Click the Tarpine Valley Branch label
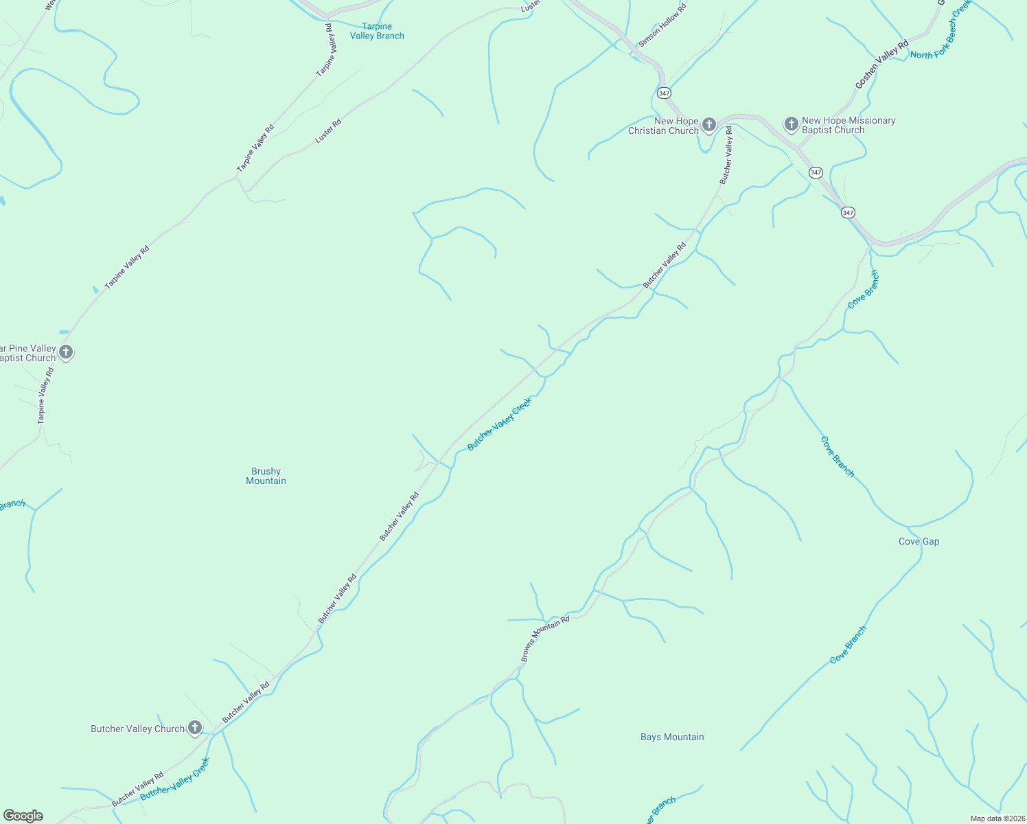(x=377, y=31)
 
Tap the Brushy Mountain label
(x=266, y=476)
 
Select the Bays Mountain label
(x=672, y=737)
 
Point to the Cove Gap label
(x=919, y=541)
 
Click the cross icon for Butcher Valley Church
(x=195, y=728)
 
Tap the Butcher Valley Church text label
(x=137, y=729)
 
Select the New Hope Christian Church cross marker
(x=709, y=124)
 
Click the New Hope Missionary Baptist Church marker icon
(x=791, y=124)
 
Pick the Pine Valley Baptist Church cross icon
(x=66, y=352)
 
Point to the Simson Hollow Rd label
(x=662, y=26)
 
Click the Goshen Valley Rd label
(x=881, y=64)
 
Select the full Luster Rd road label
(x=328, y=131)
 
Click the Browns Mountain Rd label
(x=545, y=639)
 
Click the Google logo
(x=23, y=816)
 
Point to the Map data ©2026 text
(x=996, y=819)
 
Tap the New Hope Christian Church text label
(x=663, y=126)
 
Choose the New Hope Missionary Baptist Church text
(x=849, y=125)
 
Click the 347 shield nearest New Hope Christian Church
(x=663, y=93)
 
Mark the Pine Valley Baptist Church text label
(x=27, y=353)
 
